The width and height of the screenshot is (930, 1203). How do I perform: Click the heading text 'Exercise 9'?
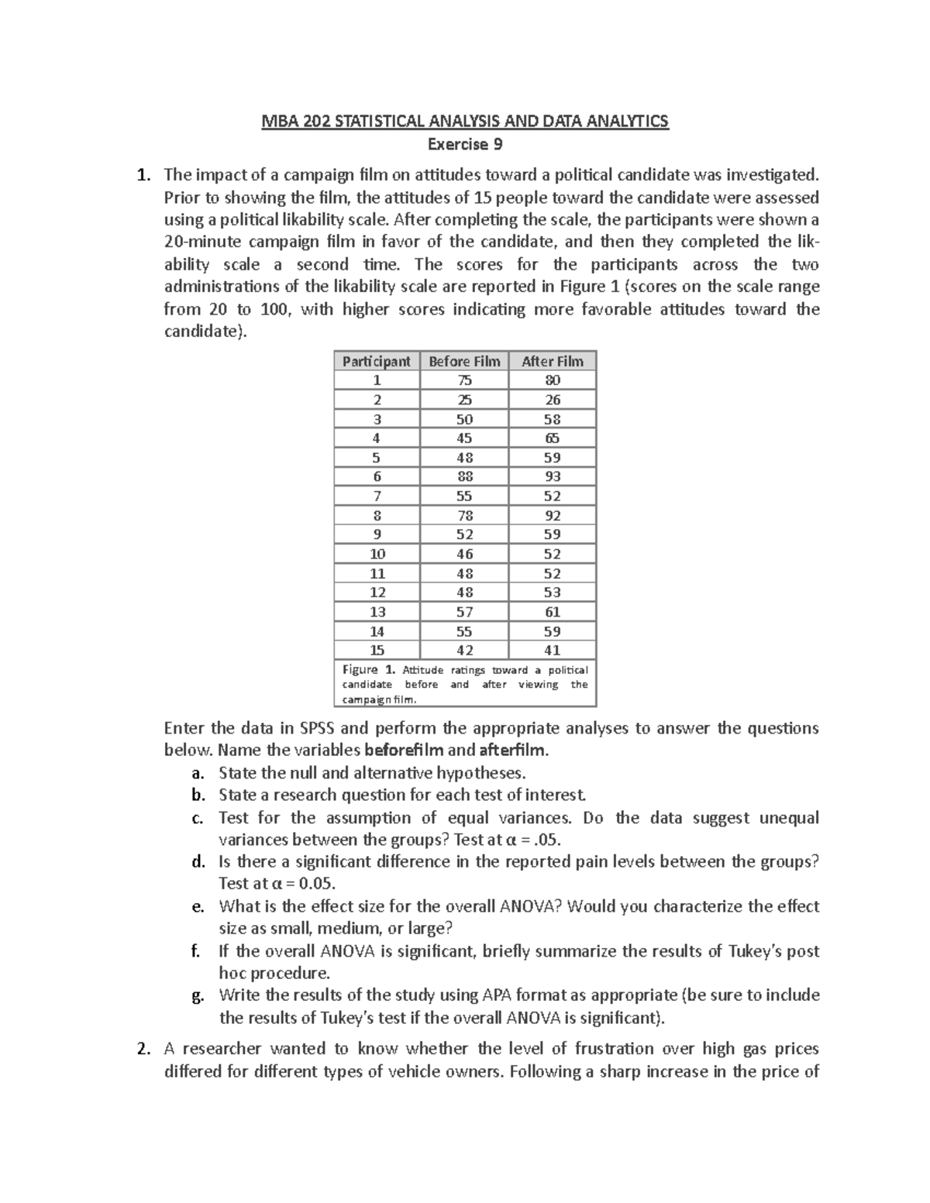465,144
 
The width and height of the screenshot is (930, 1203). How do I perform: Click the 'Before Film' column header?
464,361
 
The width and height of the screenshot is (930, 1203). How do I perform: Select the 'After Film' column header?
552,361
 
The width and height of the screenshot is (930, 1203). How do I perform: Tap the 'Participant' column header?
377,361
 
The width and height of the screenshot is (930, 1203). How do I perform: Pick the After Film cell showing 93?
553,476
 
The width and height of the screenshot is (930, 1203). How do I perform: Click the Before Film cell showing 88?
464,476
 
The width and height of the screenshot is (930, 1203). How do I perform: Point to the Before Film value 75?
464,380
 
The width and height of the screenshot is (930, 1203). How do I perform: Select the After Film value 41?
553,650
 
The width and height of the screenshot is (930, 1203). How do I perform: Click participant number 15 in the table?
377,650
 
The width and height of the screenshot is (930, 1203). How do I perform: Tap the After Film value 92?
553,515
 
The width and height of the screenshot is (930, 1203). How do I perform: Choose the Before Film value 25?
464,400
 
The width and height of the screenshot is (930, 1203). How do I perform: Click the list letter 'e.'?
198,906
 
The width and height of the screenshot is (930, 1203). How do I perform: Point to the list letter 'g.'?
198,995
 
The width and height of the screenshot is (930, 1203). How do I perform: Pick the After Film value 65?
553,438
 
